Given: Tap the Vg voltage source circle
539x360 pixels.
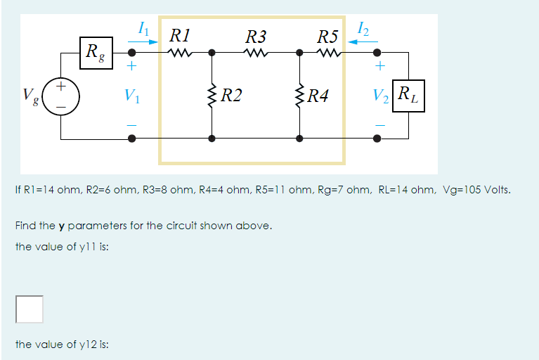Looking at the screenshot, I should tap(60, 94).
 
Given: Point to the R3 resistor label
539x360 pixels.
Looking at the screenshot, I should tap(256, 36).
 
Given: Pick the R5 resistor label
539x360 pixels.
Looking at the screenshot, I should tap(328, 36).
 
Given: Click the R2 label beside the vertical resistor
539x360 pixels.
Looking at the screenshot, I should tap(231, 95).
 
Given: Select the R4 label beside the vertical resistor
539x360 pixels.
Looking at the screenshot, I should tap(320, 95).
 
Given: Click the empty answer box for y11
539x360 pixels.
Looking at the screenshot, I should tap(30, 307).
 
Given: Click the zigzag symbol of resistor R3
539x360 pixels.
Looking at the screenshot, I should tap(256, 52).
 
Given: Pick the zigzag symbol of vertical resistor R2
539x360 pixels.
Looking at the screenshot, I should tap(212, 95).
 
